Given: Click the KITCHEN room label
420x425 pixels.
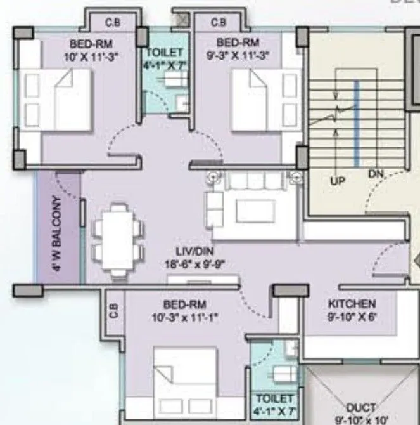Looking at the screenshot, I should [x=352, y=304].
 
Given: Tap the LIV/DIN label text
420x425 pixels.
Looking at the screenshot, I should [x=196, y=251].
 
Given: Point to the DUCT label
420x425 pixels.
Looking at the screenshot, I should [x=362, y=407].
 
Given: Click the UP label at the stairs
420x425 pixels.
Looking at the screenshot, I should [x=338, y=181].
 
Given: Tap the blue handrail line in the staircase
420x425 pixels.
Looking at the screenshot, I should [x=357, y=123].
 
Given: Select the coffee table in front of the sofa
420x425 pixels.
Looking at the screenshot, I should [x=255, y=211].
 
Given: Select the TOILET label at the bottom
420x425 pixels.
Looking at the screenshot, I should [x=274, y=398].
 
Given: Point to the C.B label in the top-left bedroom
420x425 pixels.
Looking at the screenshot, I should [x=112, y=22].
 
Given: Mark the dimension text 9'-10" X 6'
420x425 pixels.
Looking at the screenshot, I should [x=352, y=315].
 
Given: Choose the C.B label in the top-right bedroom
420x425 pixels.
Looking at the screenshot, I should [x=218, y=22].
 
